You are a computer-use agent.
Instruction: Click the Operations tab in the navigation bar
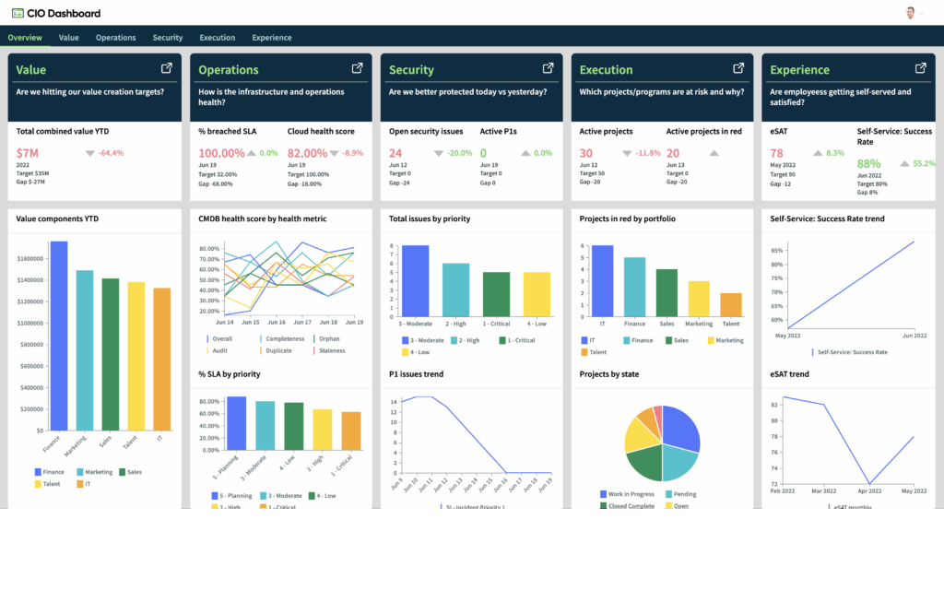[115, 38]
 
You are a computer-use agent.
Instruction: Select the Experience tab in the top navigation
[271, 38]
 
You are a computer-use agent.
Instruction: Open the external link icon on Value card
[167, 68]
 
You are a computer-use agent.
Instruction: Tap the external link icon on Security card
[548, 68]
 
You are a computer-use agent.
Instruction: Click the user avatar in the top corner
[911, 13]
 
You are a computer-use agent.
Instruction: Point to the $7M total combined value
[27, 153]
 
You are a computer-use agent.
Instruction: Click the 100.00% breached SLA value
[221, 153]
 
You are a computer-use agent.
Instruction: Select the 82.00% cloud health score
[308, 153]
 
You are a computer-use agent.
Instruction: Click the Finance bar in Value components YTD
[58, 336]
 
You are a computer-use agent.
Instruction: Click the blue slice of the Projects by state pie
[680, 429]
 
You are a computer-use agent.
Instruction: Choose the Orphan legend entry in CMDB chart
[328, 338]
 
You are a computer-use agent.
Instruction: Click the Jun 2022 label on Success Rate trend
[914, 335]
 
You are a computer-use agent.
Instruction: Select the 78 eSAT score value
[777, 153]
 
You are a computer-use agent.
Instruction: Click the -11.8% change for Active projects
[648, 153]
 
